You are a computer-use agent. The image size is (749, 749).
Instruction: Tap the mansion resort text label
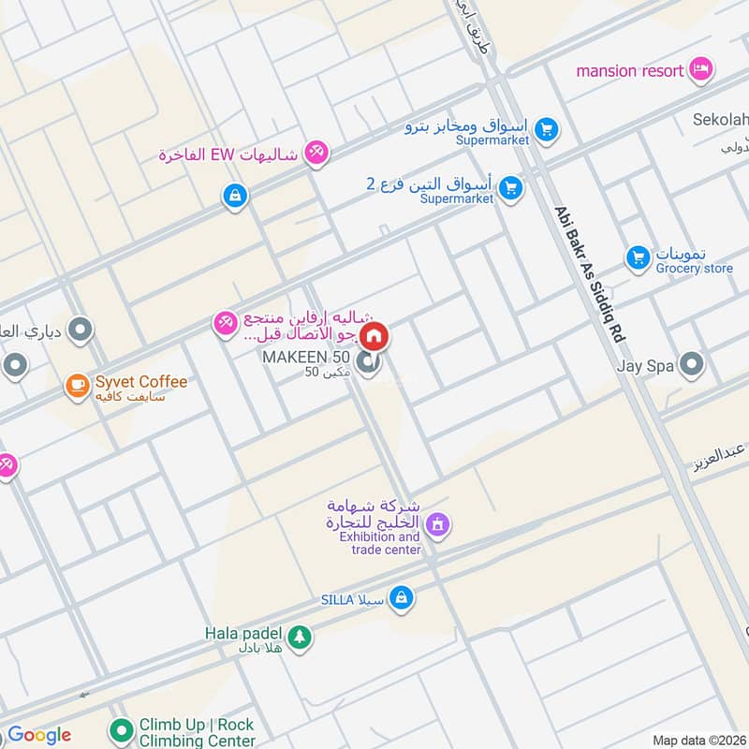[x=630, y=70]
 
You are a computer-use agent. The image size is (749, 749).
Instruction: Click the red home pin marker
[x=374, y=335]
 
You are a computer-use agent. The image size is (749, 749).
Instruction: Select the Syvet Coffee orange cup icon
[x=77, y=385]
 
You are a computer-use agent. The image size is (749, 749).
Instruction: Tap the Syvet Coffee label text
[x=139, y=382]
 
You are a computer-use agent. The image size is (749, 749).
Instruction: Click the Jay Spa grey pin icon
[x=692, y=365]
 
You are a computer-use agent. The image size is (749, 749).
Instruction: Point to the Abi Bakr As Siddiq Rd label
[x=589, y=272]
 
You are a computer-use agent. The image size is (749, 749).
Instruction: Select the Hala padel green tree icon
[x=299, y=638]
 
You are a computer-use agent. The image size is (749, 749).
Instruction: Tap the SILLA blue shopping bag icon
[x=402, y=596]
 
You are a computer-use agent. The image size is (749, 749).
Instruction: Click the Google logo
[x=38, y=735]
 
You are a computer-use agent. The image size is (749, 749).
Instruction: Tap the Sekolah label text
[x=720, y=120]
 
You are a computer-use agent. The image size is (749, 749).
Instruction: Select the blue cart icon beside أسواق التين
[x=510, y=188]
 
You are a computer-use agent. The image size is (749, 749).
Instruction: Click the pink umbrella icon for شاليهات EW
[x=317, y=153]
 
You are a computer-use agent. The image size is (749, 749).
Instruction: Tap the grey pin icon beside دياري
[x=81, y=330]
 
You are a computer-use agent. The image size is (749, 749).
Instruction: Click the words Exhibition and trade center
[x=379, y=543]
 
